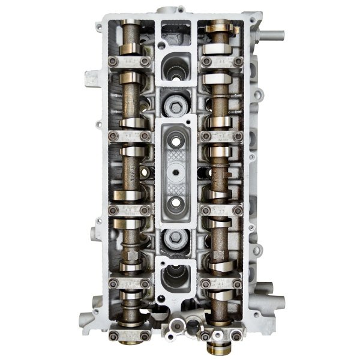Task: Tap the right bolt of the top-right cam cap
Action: point(238,61)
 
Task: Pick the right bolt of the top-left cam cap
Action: point(146,61)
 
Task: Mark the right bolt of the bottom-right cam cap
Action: point(238,283)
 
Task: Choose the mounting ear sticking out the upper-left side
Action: point(91,77)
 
